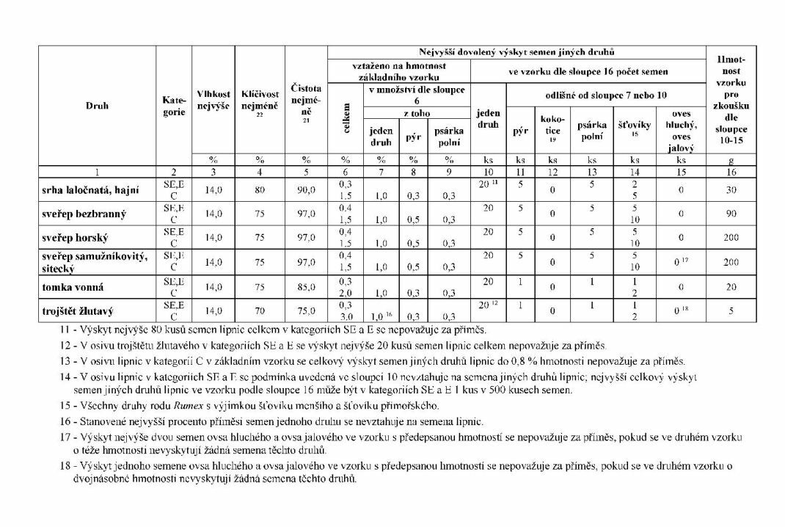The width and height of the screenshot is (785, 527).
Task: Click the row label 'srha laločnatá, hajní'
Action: [x=90, y=190]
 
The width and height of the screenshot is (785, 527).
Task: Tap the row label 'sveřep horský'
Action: [x=76, y=239]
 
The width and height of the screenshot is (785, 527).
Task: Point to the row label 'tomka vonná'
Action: [x=73, y=286]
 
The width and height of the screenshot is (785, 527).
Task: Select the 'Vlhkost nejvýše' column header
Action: [x=213, y=101]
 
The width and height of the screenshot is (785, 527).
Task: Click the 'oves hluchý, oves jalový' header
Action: [x=681, y=131]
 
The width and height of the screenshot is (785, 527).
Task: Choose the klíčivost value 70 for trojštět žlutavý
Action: [x=260, y=310]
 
